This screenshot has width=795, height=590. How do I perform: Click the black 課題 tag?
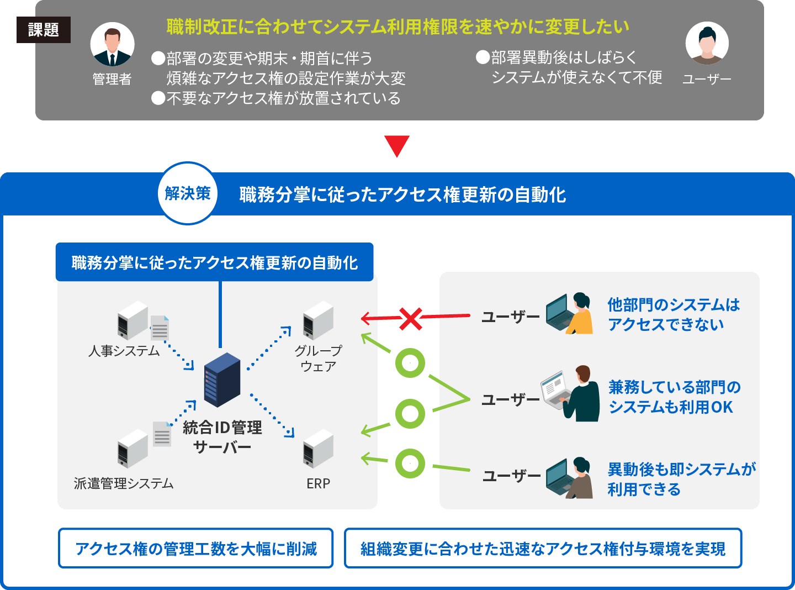44,30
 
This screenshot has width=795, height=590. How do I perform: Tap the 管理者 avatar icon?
112,45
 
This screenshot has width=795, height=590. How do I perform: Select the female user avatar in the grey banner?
707,44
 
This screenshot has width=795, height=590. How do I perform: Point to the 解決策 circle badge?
188,193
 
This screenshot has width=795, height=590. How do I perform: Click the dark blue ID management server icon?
222,380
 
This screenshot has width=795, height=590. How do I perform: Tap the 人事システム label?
124,351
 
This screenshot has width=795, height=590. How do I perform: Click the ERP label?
318,483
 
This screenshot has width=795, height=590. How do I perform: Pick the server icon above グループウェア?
318,320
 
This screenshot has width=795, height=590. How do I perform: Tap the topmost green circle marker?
410,364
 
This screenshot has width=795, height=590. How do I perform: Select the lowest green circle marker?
410,463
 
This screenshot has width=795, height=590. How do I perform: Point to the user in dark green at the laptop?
571,393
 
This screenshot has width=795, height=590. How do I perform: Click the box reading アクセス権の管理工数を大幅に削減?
196,548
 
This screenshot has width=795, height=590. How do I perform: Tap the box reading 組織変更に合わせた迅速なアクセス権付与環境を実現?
543,548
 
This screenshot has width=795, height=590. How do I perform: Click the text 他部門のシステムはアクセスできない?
673,314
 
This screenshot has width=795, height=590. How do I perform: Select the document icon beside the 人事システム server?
160,328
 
